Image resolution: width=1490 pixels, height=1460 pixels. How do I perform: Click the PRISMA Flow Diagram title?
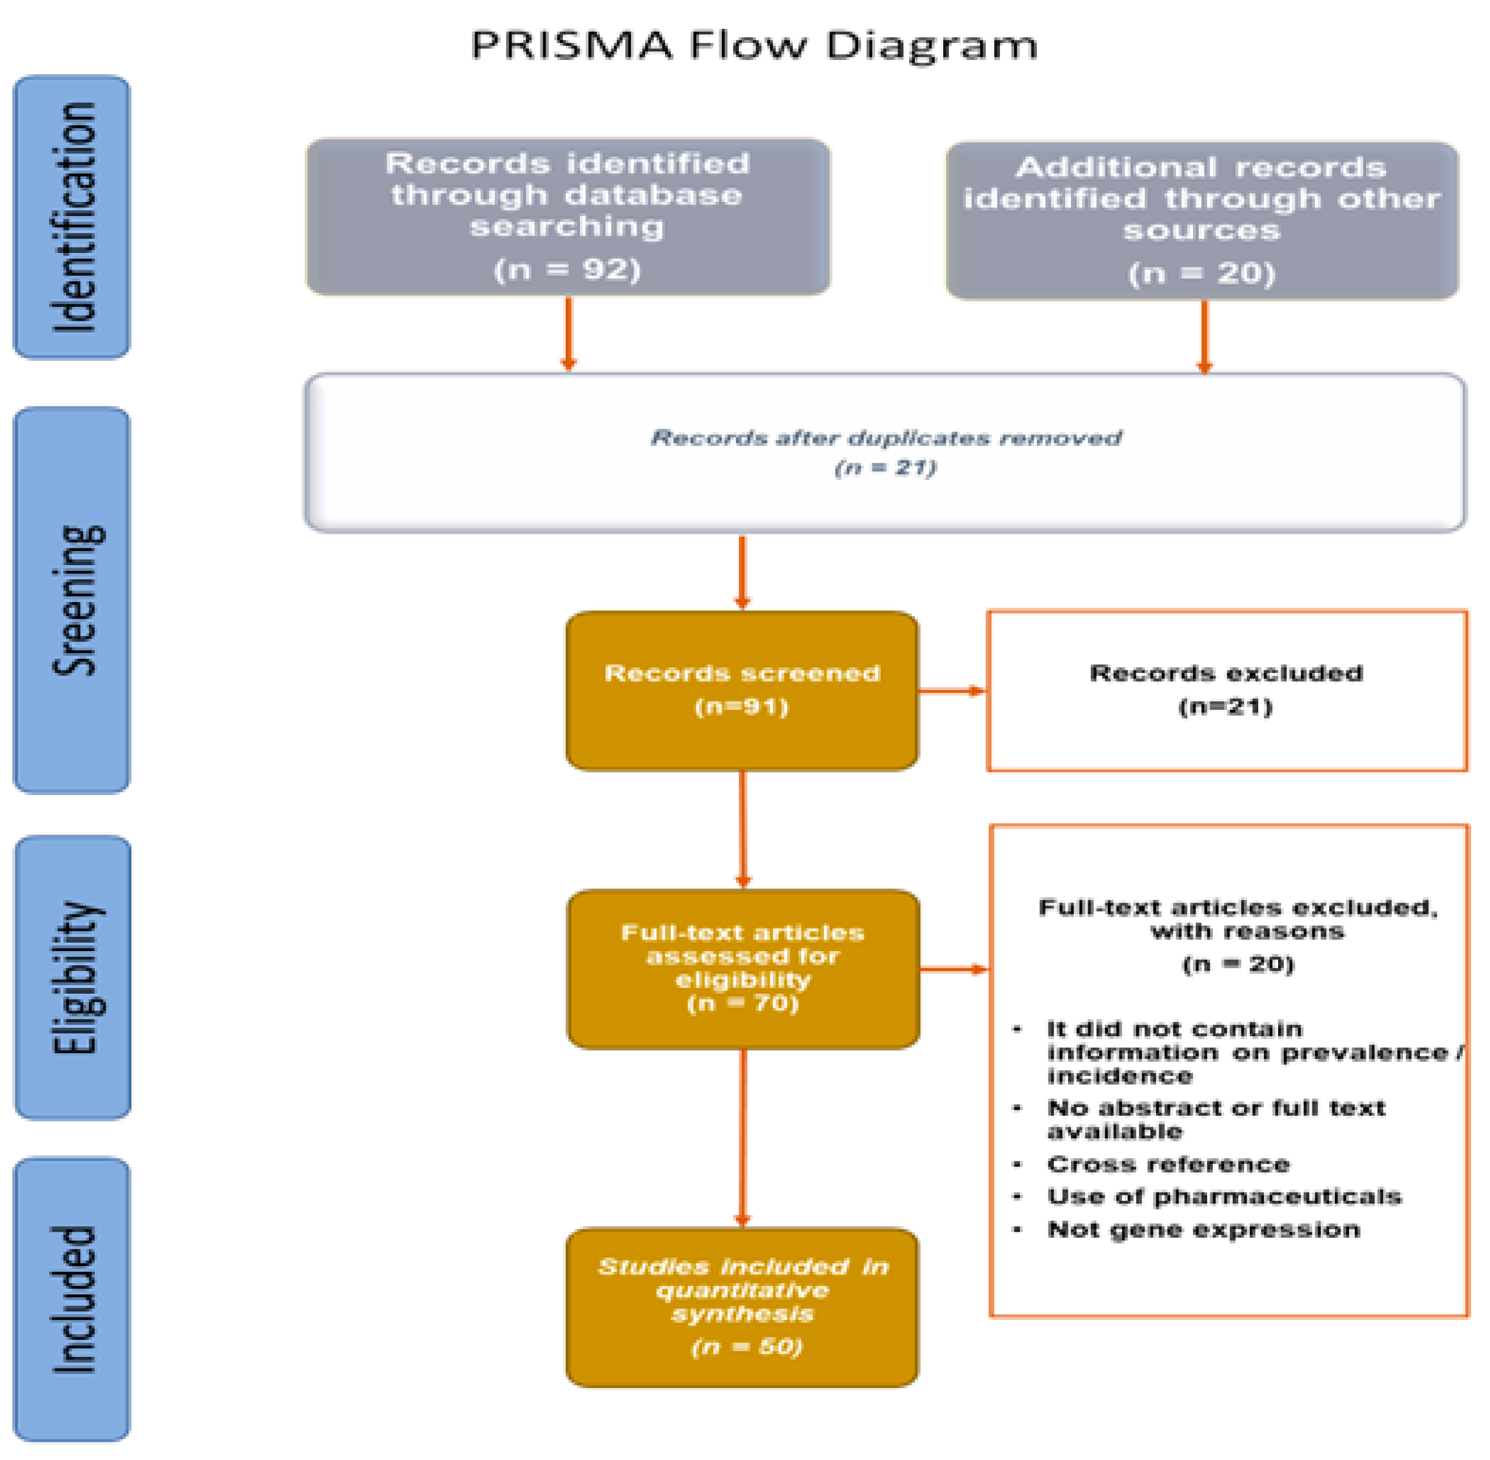754,45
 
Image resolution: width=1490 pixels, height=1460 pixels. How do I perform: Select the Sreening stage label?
77,600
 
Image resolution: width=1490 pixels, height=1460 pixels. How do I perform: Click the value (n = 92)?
567,270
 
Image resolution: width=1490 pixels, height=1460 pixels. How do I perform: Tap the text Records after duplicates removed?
886,438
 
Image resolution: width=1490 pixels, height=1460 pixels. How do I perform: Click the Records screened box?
742,690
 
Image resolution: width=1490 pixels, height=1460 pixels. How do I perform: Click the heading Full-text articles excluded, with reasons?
1238,920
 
